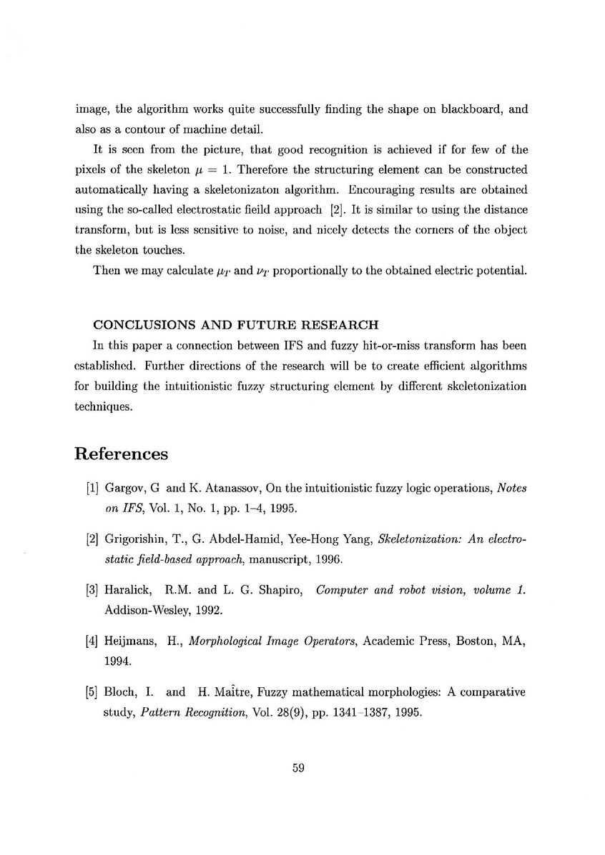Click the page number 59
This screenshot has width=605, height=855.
pos(299,769)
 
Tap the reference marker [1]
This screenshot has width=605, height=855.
pos(92,488)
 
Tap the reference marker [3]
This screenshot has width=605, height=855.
pos(92,590)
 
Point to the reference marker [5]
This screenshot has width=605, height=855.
pos(92,692)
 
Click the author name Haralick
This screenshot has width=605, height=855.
pos(127,590)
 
